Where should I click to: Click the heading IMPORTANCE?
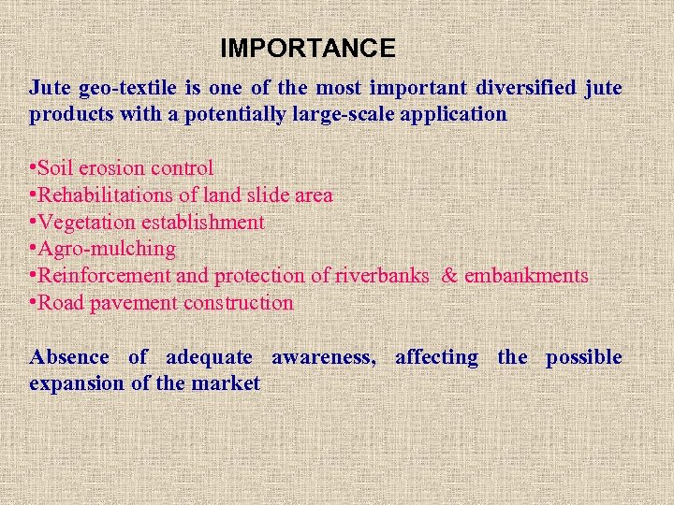[x=308, y=48]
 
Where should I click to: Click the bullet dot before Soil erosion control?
[x=33, y=168]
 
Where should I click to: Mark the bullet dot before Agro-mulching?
[x=33, y=249]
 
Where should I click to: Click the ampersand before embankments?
[x=449, y=276]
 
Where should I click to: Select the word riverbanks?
[x=383, y=276]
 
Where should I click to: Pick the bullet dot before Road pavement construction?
[x=33, y=303]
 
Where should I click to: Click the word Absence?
[x=69, y=357]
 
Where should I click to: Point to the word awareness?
[x=323, y=357]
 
